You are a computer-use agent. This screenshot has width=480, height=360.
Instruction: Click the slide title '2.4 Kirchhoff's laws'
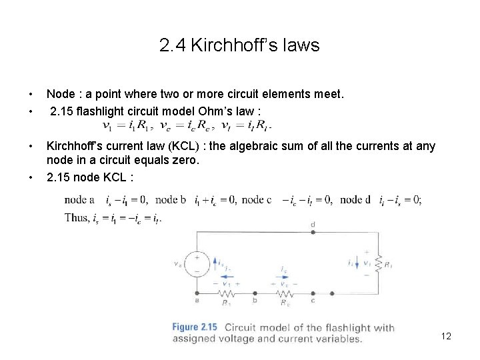[239, 45]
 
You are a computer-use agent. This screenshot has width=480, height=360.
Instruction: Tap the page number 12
[446, 336]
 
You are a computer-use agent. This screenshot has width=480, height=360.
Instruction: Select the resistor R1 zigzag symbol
[226, 294]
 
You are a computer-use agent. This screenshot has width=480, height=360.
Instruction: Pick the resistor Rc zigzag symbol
[285, 294]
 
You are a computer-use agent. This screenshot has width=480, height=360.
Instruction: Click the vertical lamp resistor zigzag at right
[379, 263]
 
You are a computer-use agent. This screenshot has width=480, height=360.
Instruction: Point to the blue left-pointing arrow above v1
[226, 276]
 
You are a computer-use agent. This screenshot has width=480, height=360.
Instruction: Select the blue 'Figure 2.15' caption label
[195, 327]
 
